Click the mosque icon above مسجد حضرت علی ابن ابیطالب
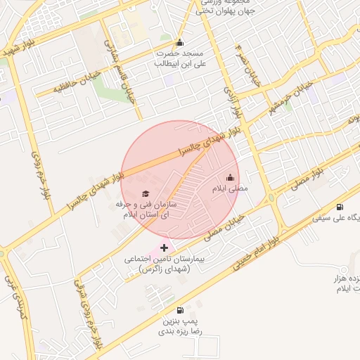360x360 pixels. pos(180,43)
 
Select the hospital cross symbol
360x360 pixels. pos(165,247)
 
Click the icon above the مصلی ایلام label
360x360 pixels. pos(230,178)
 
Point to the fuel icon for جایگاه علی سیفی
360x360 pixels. pos(340,207)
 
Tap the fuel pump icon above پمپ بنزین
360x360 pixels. pos(180,310)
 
